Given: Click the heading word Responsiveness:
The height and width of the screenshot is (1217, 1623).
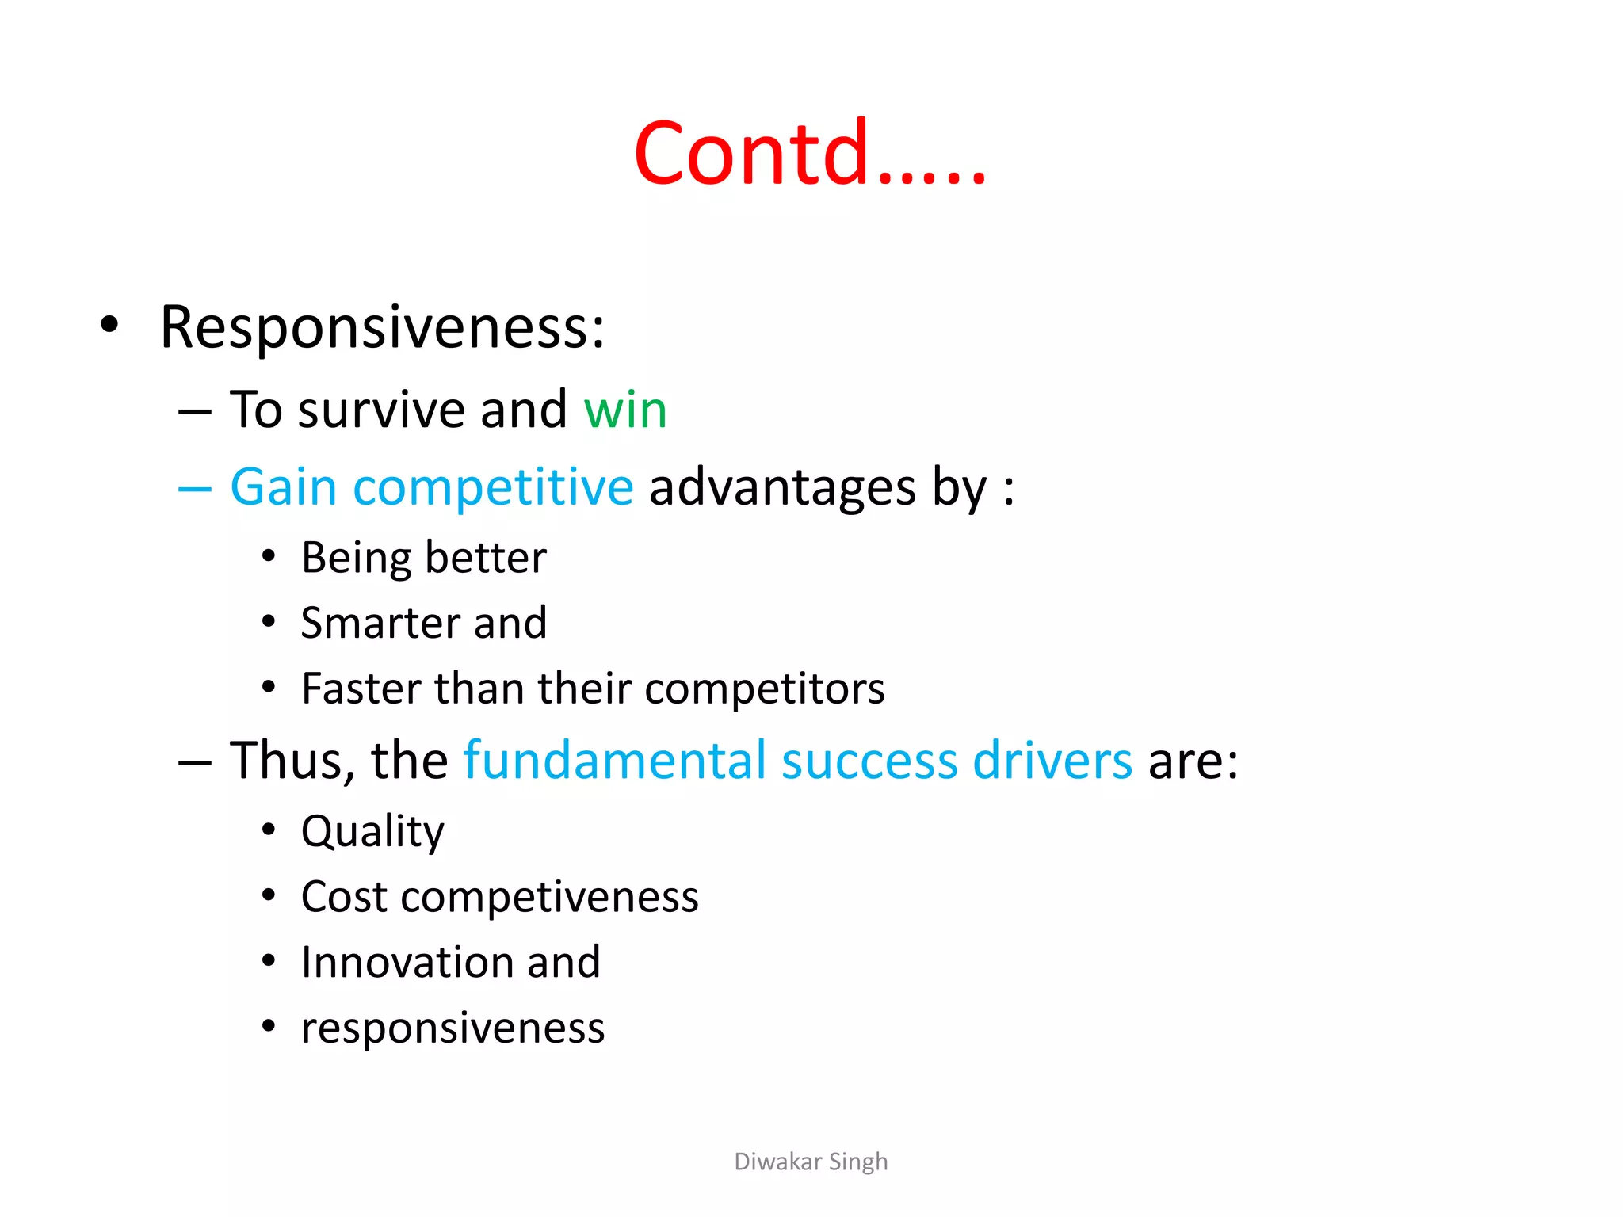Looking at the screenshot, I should pos(382,327).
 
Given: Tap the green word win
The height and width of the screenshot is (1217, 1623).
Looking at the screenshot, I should pos(625,410).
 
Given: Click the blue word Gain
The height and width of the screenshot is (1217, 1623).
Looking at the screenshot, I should pos(284,486).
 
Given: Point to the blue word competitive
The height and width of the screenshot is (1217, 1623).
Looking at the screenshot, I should pos(493,488).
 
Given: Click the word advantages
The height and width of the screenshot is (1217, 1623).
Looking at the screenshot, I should pos(782,488).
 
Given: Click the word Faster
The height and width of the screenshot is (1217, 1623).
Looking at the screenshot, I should pos(361,688).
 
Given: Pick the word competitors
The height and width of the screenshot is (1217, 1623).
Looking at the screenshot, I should pos(765,689).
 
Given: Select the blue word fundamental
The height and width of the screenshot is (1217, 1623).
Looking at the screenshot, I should pos(615,761).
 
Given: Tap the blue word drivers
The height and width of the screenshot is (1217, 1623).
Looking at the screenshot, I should pos(1052,761).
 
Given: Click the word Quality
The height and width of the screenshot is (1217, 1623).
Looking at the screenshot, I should pos(372,832).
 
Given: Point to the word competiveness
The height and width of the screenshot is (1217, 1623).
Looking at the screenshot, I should pos(549,898).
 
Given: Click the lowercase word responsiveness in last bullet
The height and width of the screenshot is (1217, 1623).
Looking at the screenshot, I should pos(453,1028).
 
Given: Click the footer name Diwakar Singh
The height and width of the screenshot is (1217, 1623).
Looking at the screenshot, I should pos(811,1162).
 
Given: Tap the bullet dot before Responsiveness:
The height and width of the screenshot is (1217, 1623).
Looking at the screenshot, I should pos(110,325).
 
